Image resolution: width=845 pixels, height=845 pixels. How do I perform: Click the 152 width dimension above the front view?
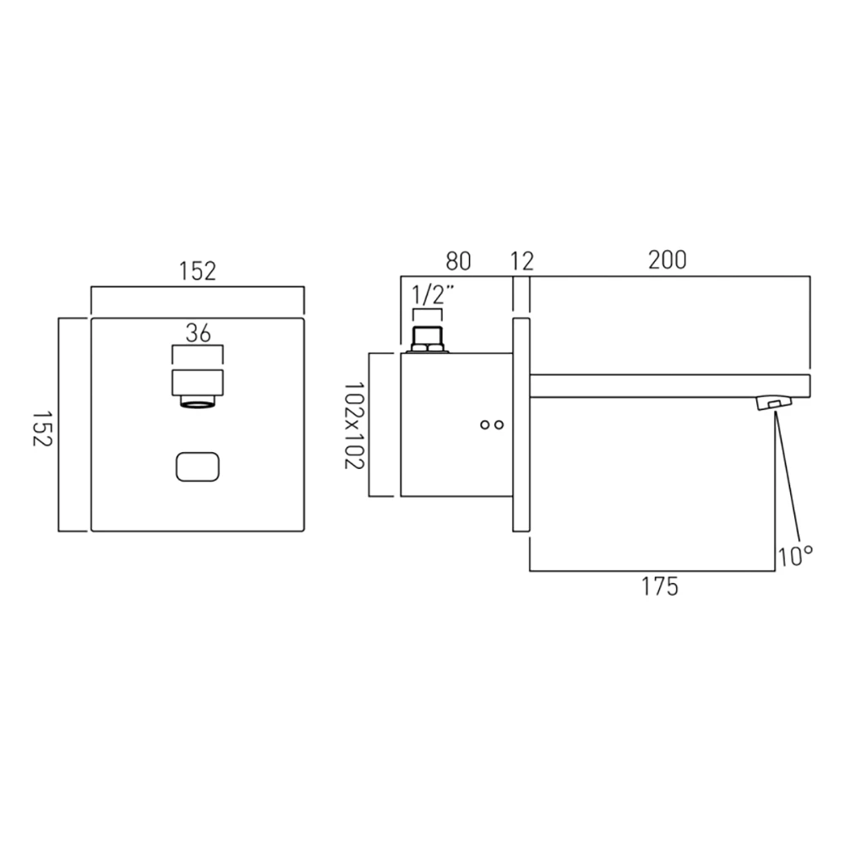point(197,271)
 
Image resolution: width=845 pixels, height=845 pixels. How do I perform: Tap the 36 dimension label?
point(198,334)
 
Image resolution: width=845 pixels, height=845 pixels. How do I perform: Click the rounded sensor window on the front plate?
point(198,467)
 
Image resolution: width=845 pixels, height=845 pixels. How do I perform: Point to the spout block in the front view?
point(198,384)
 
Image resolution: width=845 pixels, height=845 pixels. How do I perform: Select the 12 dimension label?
point(522,261)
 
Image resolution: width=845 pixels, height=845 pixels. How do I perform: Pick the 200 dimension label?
point(668,260)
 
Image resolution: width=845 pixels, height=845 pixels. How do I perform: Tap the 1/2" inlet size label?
point(432,296)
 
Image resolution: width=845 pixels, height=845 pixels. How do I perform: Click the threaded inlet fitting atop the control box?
point(427,341)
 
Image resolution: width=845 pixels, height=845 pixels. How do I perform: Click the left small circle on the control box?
point(485,425)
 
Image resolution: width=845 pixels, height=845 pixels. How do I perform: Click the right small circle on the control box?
point(500,425)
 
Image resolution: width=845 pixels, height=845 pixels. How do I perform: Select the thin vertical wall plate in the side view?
point(521,426)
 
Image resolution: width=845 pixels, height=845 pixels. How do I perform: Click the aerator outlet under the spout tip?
point(772,404)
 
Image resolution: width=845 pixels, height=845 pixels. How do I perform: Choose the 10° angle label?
point(795,555)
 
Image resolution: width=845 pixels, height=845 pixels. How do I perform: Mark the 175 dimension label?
point(660,586)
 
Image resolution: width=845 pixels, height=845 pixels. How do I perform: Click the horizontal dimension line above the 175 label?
point(651,571)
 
